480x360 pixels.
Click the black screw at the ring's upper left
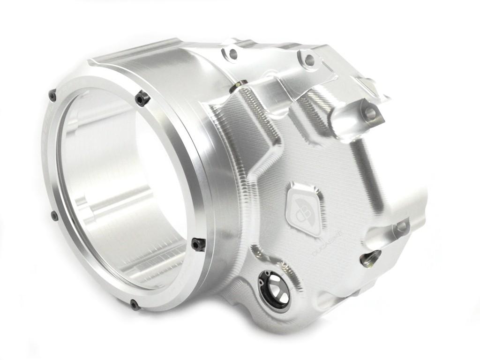[x=52, y=96]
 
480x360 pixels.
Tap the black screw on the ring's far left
[x=54, y=216]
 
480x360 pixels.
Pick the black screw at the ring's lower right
[x=198, y=244]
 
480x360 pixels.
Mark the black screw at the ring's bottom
[x=135, y=305]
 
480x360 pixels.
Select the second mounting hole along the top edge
[x=309, y=60]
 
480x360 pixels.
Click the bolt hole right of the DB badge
[x=401, y=226]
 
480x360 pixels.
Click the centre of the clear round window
[x=124, y=187]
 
